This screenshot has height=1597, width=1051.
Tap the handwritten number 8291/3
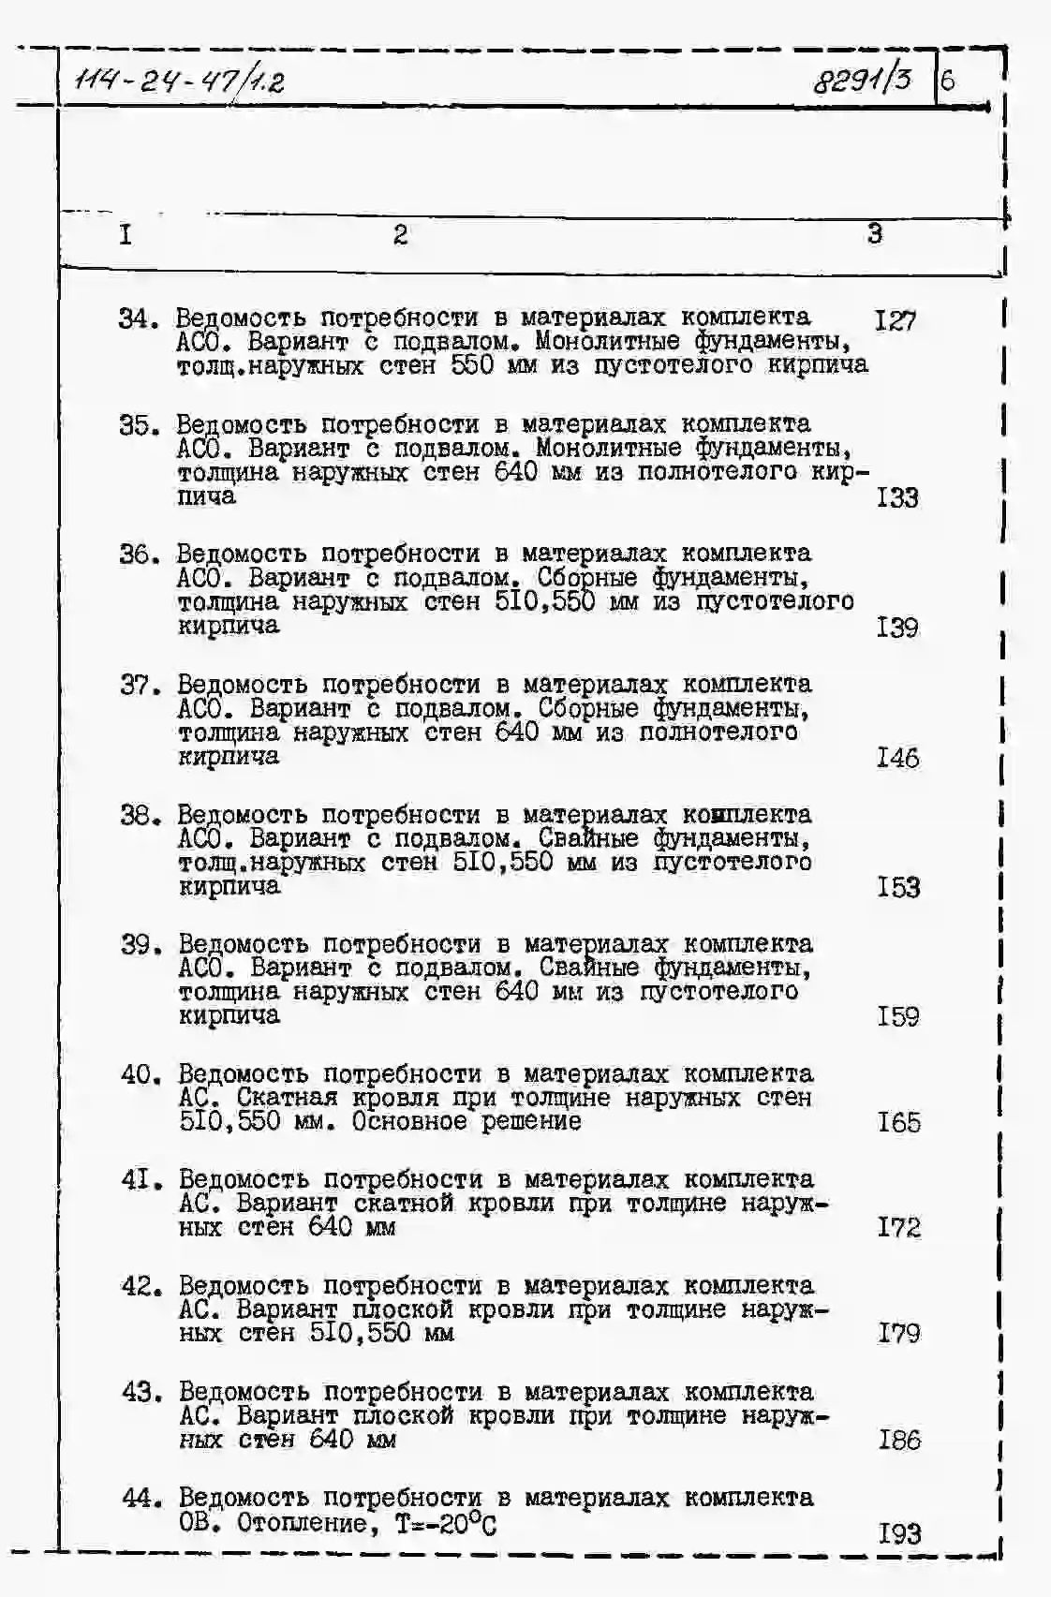point(862,80)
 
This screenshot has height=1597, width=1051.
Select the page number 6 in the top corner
point(947,81)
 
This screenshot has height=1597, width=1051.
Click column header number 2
point(400,234)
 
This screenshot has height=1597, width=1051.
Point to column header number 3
point(874,233)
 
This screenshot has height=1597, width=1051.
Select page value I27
point(895,321)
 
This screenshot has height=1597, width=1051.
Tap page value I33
point(896,497)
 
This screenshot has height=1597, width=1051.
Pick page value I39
point(897,628)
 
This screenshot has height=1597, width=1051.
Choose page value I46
point(897,758)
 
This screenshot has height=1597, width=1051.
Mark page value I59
point(898,1016)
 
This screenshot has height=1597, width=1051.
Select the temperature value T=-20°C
point(446,1524)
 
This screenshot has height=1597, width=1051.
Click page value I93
point(899,1533)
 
